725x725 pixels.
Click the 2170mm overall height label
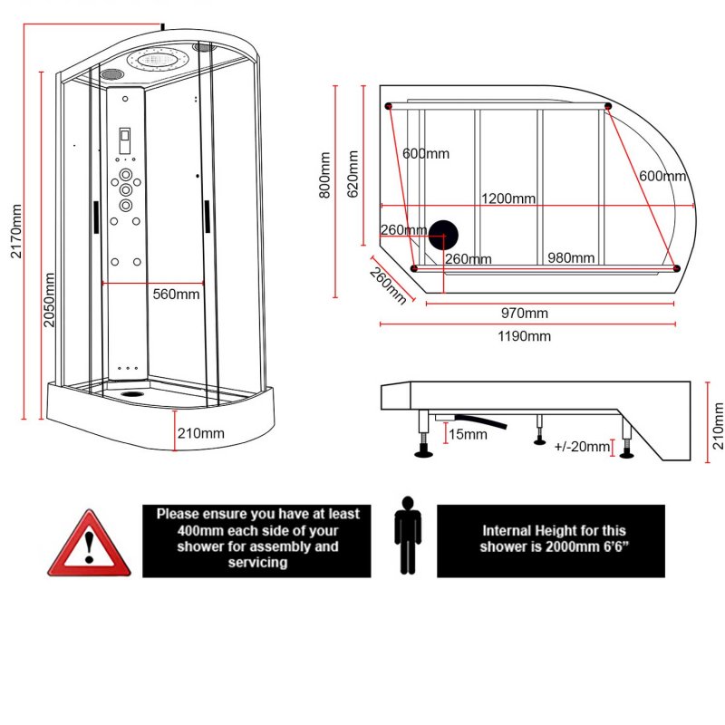point(16,231)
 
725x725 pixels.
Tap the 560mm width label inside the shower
point(176,294)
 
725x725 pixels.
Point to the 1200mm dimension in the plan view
point(507,198)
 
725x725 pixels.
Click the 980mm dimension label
point(571,258)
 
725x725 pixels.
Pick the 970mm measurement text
point(525,314)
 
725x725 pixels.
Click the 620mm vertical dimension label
point(353,174)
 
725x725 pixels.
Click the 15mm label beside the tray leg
point(468,435)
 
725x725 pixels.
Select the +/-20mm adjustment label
point(581,447)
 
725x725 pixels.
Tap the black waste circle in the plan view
point(443,236)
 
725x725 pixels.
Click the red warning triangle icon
point(89,546)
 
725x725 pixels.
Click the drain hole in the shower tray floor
point(133,393)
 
